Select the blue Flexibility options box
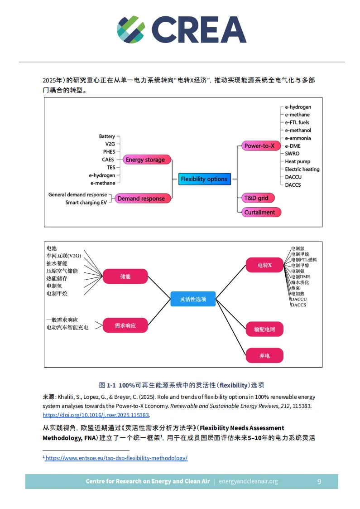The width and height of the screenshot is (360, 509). coord(204,179)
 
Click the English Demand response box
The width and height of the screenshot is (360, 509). coord(142,199)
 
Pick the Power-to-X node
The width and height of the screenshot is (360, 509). coord(259,146)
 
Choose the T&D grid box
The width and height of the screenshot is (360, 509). coord(257,198)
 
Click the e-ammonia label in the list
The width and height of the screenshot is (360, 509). coord(298,138)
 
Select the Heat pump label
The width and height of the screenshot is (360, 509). coord(297,161)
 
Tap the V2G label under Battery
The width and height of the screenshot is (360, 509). coord(110,144)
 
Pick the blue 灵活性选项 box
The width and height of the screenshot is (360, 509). coord(193,299)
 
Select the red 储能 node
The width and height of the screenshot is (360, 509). coord(125,276)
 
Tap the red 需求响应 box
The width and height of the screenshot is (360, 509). coord(125,325)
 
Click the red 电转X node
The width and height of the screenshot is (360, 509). coord(264,265)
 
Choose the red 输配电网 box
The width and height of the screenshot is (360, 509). coord(264,330)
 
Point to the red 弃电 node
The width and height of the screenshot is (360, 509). coord(264,356)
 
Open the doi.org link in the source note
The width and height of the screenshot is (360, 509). coord(96,415)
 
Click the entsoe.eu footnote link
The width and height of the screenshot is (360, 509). coord(116,458)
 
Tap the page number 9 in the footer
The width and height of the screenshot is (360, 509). coord(319,481)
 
